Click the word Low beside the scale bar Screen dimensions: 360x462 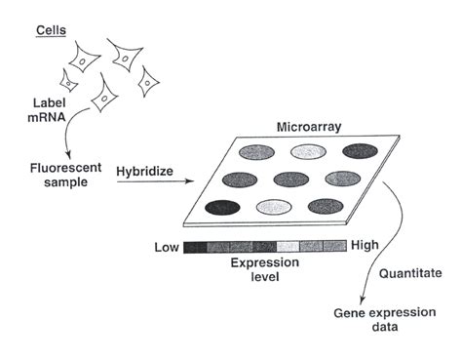point(167,247)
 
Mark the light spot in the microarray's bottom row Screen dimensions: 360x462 point(274,206)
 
